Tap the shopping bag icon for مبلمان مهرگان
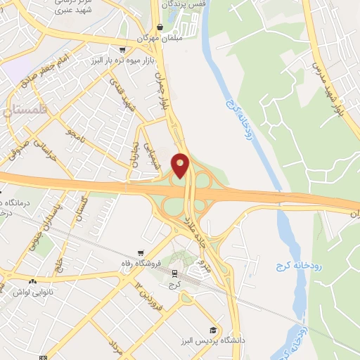160,27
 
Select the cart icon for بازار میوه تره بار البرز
123,50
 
